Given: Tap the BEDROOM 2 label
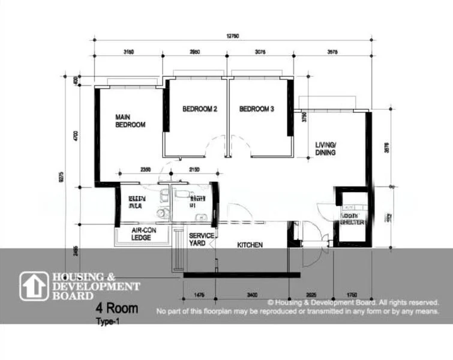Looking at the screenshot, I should tap(199, 109).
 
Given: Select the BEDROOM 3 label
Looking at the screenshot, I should tap(256, 109).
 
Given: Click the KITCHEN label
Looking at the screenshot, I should tap(250, 245).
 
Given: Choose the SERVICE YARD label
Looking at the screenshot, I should tap(202, 239).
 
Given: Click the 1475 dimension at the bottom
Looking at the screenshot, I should tap(200, 295).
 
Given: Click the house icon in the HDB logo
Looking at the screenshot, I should tap(34, 286).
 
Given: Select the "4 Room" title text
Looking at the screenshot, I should tap(117, 310).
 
